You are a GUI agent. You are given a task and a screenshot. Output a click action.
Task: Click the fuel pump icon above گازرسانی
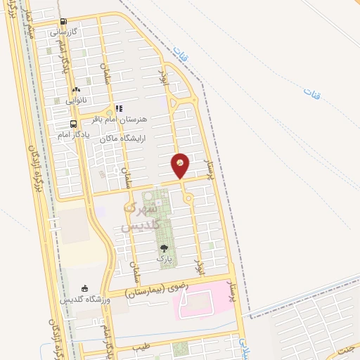point(64,22)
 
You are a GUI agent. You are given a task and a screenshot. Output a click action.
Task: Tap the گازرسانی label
point(67,32)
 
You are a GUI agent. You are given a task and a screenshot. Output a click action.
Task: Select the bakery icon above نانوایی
point(76,89)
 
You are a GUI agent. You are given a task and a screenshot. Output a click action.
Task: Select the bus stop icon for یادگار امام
point(74,124)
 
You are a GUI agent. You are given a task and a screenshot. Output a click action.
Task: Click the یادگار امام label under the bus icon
point(73,134)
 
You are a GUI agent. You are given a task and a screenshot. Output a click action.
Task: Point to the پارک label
point(164,259)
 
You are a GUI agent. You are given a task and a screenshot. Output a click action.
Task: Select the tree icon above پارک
point(164,248)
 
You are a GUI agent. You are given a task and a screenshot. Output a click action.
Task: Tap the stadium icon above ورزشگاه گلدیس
point(84,289)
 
